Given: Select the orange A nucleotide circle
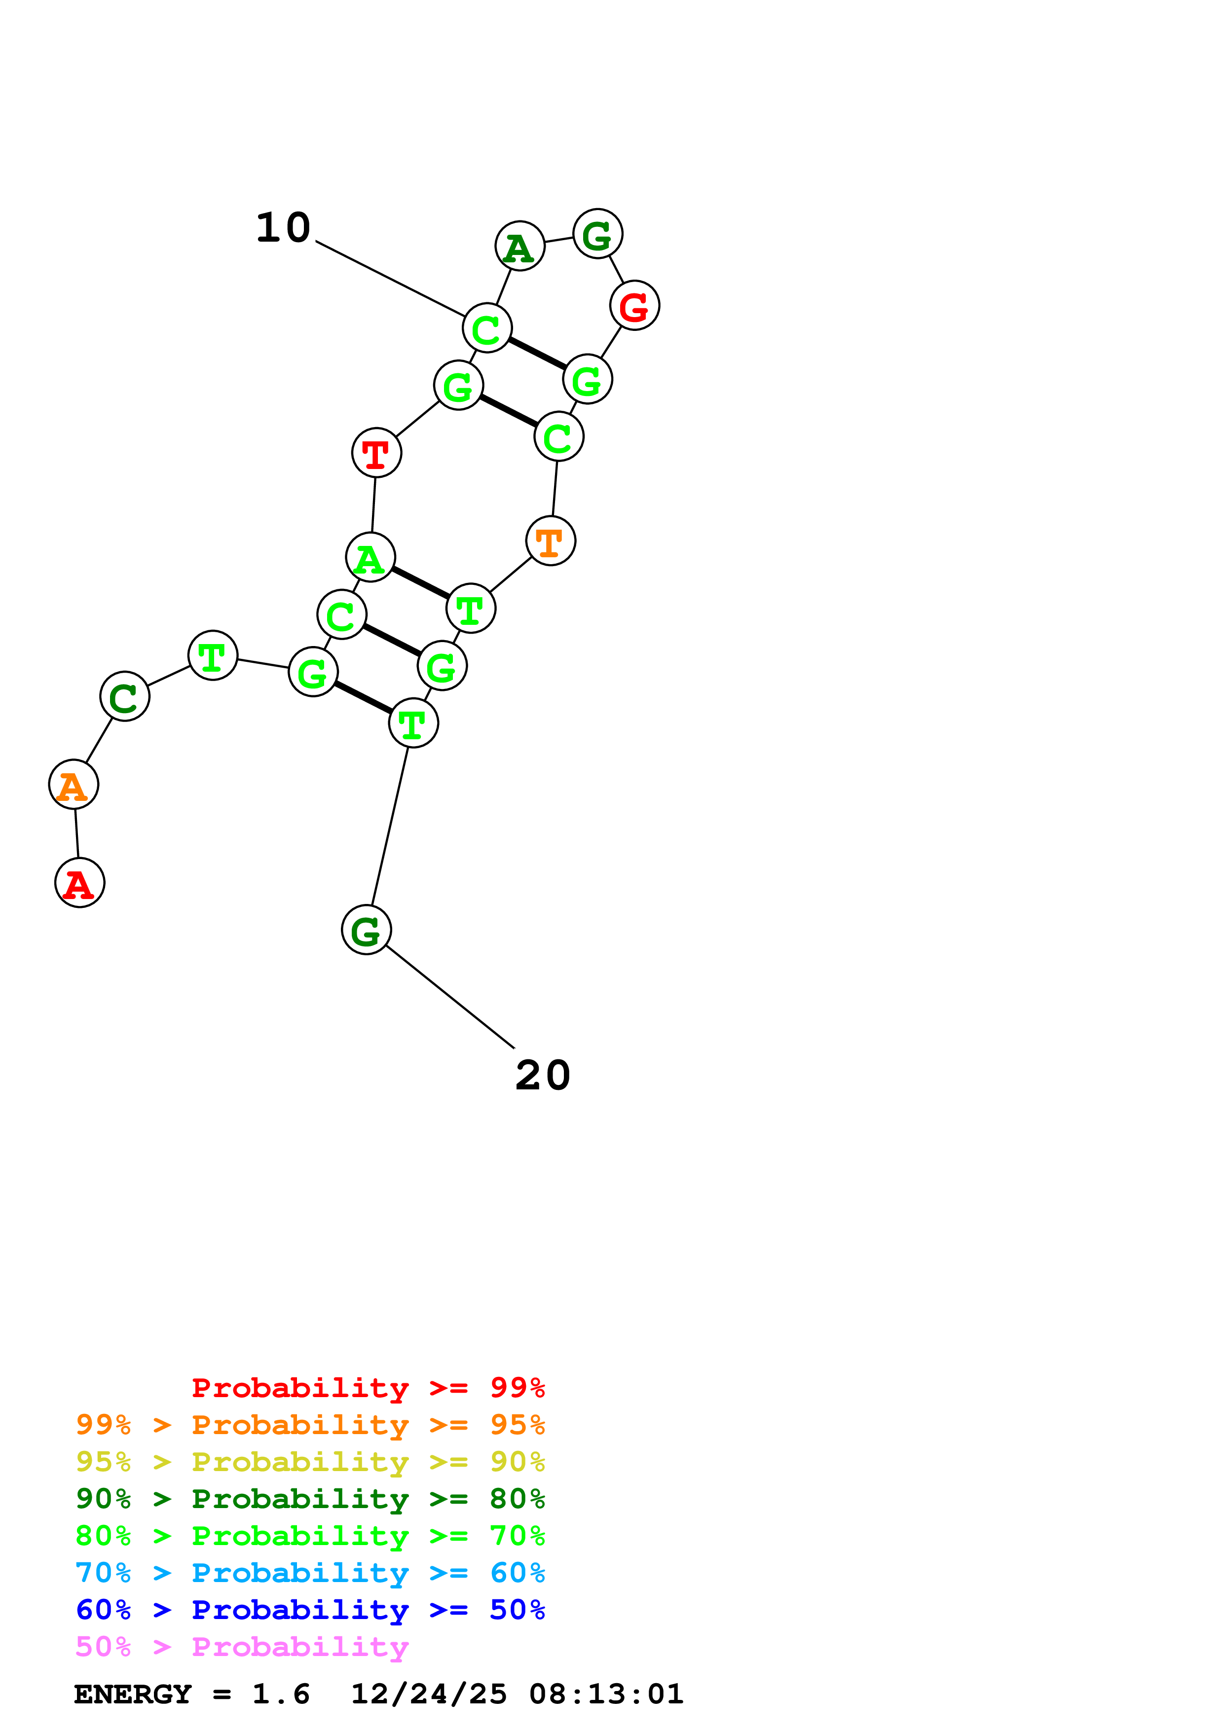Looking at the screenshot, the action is pyautogui.click(x=73, y=785).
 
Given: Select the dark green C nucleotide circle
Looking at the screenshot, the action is pyautogui.click(x=124, y=696).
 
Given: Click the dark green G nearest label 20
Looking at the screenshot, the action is pyautogui.click(x=366, y=930).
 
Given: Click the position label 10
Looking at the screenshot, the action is pyautogui.click(x=283, y=227).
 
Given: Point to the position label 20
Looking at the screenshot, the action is pyautogui.click(x=543, y=1075).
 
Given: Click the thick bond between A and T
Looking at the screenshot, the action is pyautogui.click(x=420, y=582).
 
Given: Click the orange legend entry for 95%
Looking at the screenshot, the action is pyautogui.click(x=310, y=1425).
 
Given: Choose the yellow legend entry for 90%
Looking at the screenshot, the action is pyautogui.click(x=310, y=1462).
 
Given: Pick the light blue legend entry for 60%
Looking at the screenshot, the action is pyautogui.click(x=310, y=1573).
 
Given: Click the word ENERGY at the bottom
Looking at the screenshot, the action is pyautogui.click(x=133, y=1694).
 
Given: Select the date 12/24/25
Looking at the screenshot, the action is pyautogui.click(x=429, y=1694).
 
